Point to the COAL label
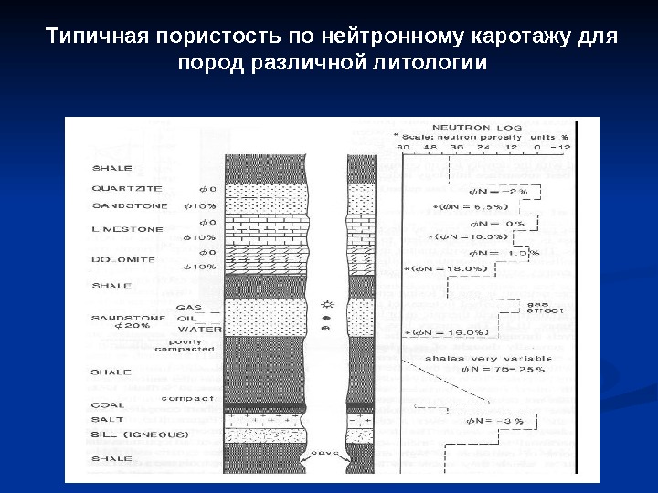tap(108, 405)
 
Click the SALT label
tap(106, 419)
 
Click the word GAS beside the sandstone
tap(189, 307)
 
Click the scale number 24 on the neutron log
tap(483, 145)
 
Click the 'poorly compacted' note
tap(186, 345)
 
